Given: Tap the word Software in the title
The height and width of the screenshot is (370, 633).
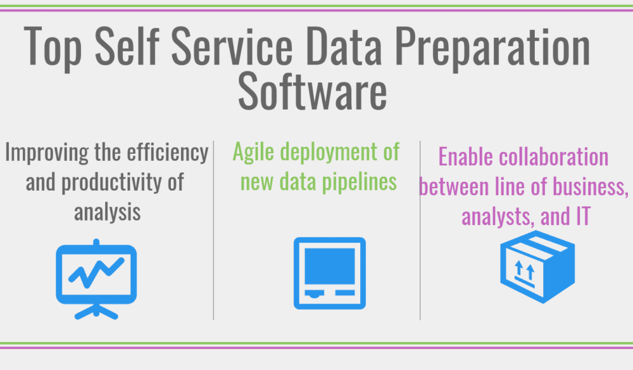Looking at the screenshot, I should click(312, 93).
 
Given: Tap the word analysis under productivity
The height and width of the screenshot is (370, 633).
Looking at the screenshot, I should click(106, 212).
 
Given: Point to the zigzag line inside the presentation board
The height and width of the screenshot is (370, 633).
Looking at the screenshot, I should click(96, 271).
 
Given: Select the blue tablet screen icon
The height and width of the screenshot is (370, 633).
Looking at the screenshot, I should click(329, 272).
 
